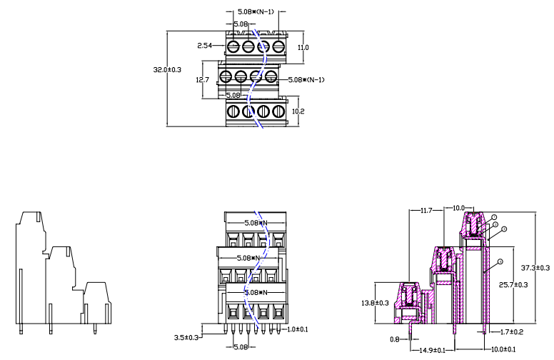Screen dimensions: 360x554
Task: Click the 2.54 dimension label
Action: (x=205, y=46)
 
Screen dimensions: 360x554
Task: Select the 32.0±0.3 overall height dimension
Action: (x=168, y=70)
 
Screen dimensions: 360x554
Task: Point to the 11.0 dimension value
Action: (x=303, y=47)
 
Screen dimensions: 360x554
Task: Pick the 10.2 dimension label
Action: (x=299, y=111)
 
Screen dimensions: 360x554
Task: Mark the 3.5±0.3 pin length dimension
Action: (x=187, y=336)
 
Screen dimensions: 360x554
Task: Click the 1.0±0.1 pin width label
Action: (x=297, y=329)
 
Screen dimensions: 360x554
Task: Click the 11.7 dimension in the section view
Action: (x=426, y=211)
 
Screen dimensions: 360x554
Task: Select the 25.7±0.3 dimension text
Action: (x=513, y=285)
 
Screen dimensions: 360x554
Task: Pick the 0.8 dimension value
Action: (x=395, y=339)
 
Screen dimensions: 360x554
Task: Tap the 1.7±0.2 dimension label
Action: (x=507, y=332)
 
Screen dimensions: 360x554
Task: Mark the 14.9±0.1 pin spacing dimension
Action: (x=433, y=349)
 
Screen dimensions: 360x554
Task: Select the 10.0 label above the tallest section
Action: (x=459, y=208)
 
